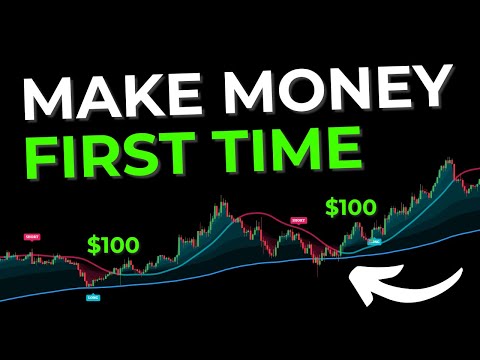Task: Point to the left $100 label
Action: pyautogui.click(x=113, y=244)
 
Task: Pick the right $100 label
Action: pyautogui.click(x=350, y=208)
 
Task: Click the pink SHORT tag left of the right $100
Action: pyautogui.click(x=298, y=219)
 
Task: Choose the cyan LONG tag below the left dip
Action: pyautogui.click(x=92, y=297)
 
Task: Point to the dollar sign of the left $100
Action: pyautogui.click(x=93, y=244)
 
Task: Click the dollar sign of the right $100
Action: pyautogui.click(x=331, y=208)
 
